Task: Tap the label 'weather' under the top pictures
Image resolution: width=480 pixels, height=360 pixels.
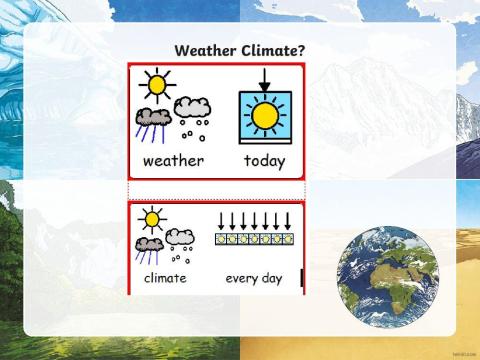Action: [173, 160]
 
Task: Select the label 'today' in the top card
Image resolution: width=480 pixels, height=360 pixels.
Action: [264, 160]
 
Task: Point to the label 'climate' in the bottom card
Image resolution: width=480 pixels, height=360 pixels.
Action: [164, 277]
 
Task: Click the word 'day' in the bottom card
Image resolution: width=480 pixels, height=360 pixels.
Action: [271, 277]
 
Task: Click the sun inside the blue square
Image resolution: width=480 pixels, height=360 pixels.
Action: [264, 116]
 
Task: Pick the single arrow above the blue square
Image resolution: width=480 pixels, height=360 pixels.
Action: [264, 79]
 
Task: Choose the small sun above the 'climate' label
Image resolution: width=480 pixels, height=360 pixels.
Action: [151, 217]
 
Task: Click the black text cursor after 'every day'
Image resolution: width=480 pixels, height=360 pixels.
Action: [300, 277]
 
